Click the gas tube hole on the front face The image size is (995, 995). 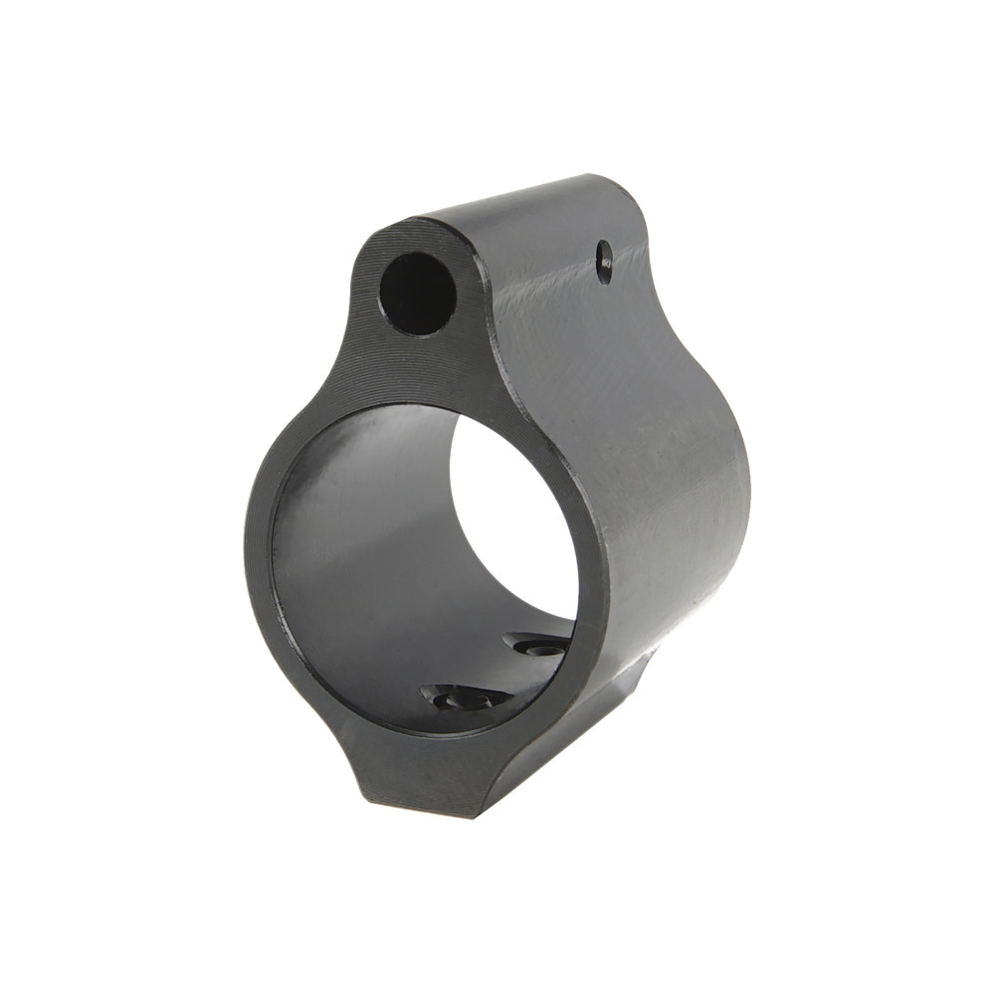pos(418,293)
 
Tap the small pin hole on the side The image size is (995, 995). pos(604,262)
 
